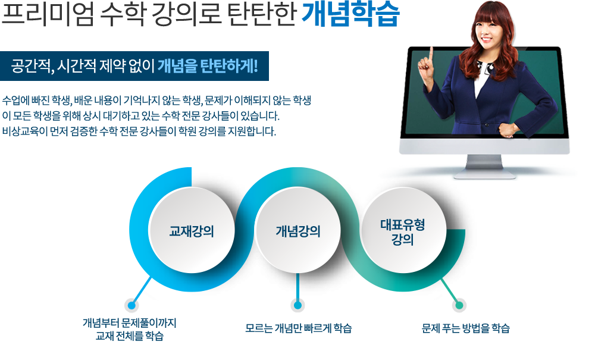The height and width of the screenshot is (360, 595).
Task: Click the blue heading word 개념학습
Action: tap(350, 14)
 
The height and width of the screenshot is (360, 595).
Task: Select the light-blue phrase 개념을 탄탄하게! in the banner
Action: tap(208, 66)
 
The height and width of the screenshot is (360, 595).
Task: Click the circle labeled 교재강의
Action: tap(192, 231)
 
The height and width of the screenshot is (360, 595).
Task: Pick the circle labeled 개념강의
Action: tap(298, 231)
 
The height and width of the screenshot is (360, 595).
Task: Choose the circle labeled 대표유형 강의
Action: tap(403, 231)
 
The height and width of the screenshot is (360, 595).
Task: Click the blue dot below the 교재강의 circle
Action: tap(131, 305)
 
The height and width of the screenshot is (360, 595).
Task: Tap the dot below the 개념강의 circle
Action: tap(298, 305)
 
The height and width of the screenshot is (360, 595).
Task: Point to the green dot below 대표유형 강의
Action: tap(459, 305)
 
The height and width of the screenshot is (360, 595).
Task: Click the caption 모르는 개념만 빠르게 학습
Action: tap(298, 328)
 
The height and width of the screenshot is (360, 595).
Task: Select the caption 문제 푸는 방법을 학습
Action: tap(466, 328)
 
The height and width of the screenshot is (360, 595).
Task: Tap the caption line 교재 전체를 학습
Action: tap(129, 336)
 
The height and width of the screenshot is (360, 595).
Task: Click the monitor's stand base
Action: tap(484, 175)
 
